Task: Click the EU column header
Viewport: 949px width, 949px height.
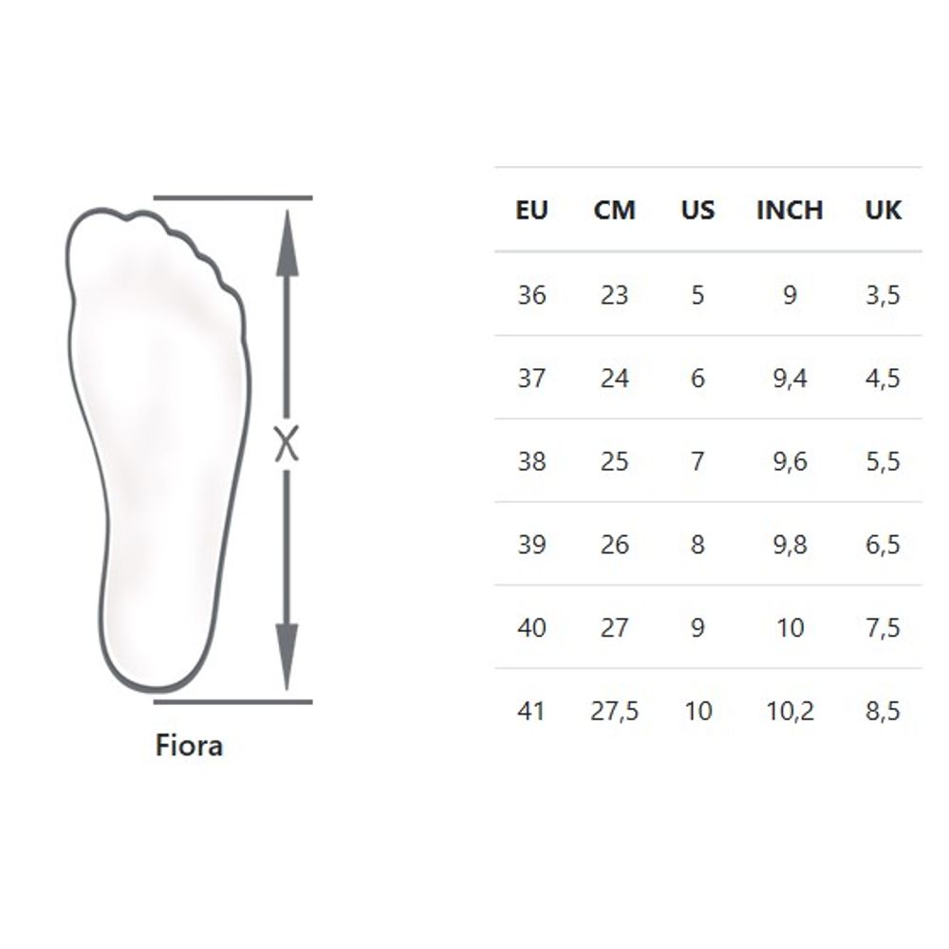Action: pos(531,210)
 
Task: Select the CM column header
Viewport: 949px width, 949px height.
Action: pos(614,210)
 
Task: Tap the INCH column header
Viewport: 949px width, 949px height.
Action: pos(790,210)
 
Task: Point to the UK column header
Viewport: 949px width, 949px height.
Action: pos(883,210)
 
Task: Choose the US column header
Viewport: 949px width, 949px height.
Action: pos(698,210)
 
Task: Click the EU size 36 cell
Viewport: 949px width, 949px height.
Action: pos(531,295)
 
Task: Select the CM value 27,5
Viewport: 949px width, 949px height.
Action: pos(614,711)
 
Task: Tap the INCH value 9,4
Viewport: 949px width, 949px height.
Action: pos(790,379)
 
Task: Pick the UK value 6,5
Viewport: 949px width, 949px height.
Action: pos(883,545)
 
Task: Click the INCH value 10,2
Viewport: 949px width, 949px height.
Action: pos(790,711)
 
